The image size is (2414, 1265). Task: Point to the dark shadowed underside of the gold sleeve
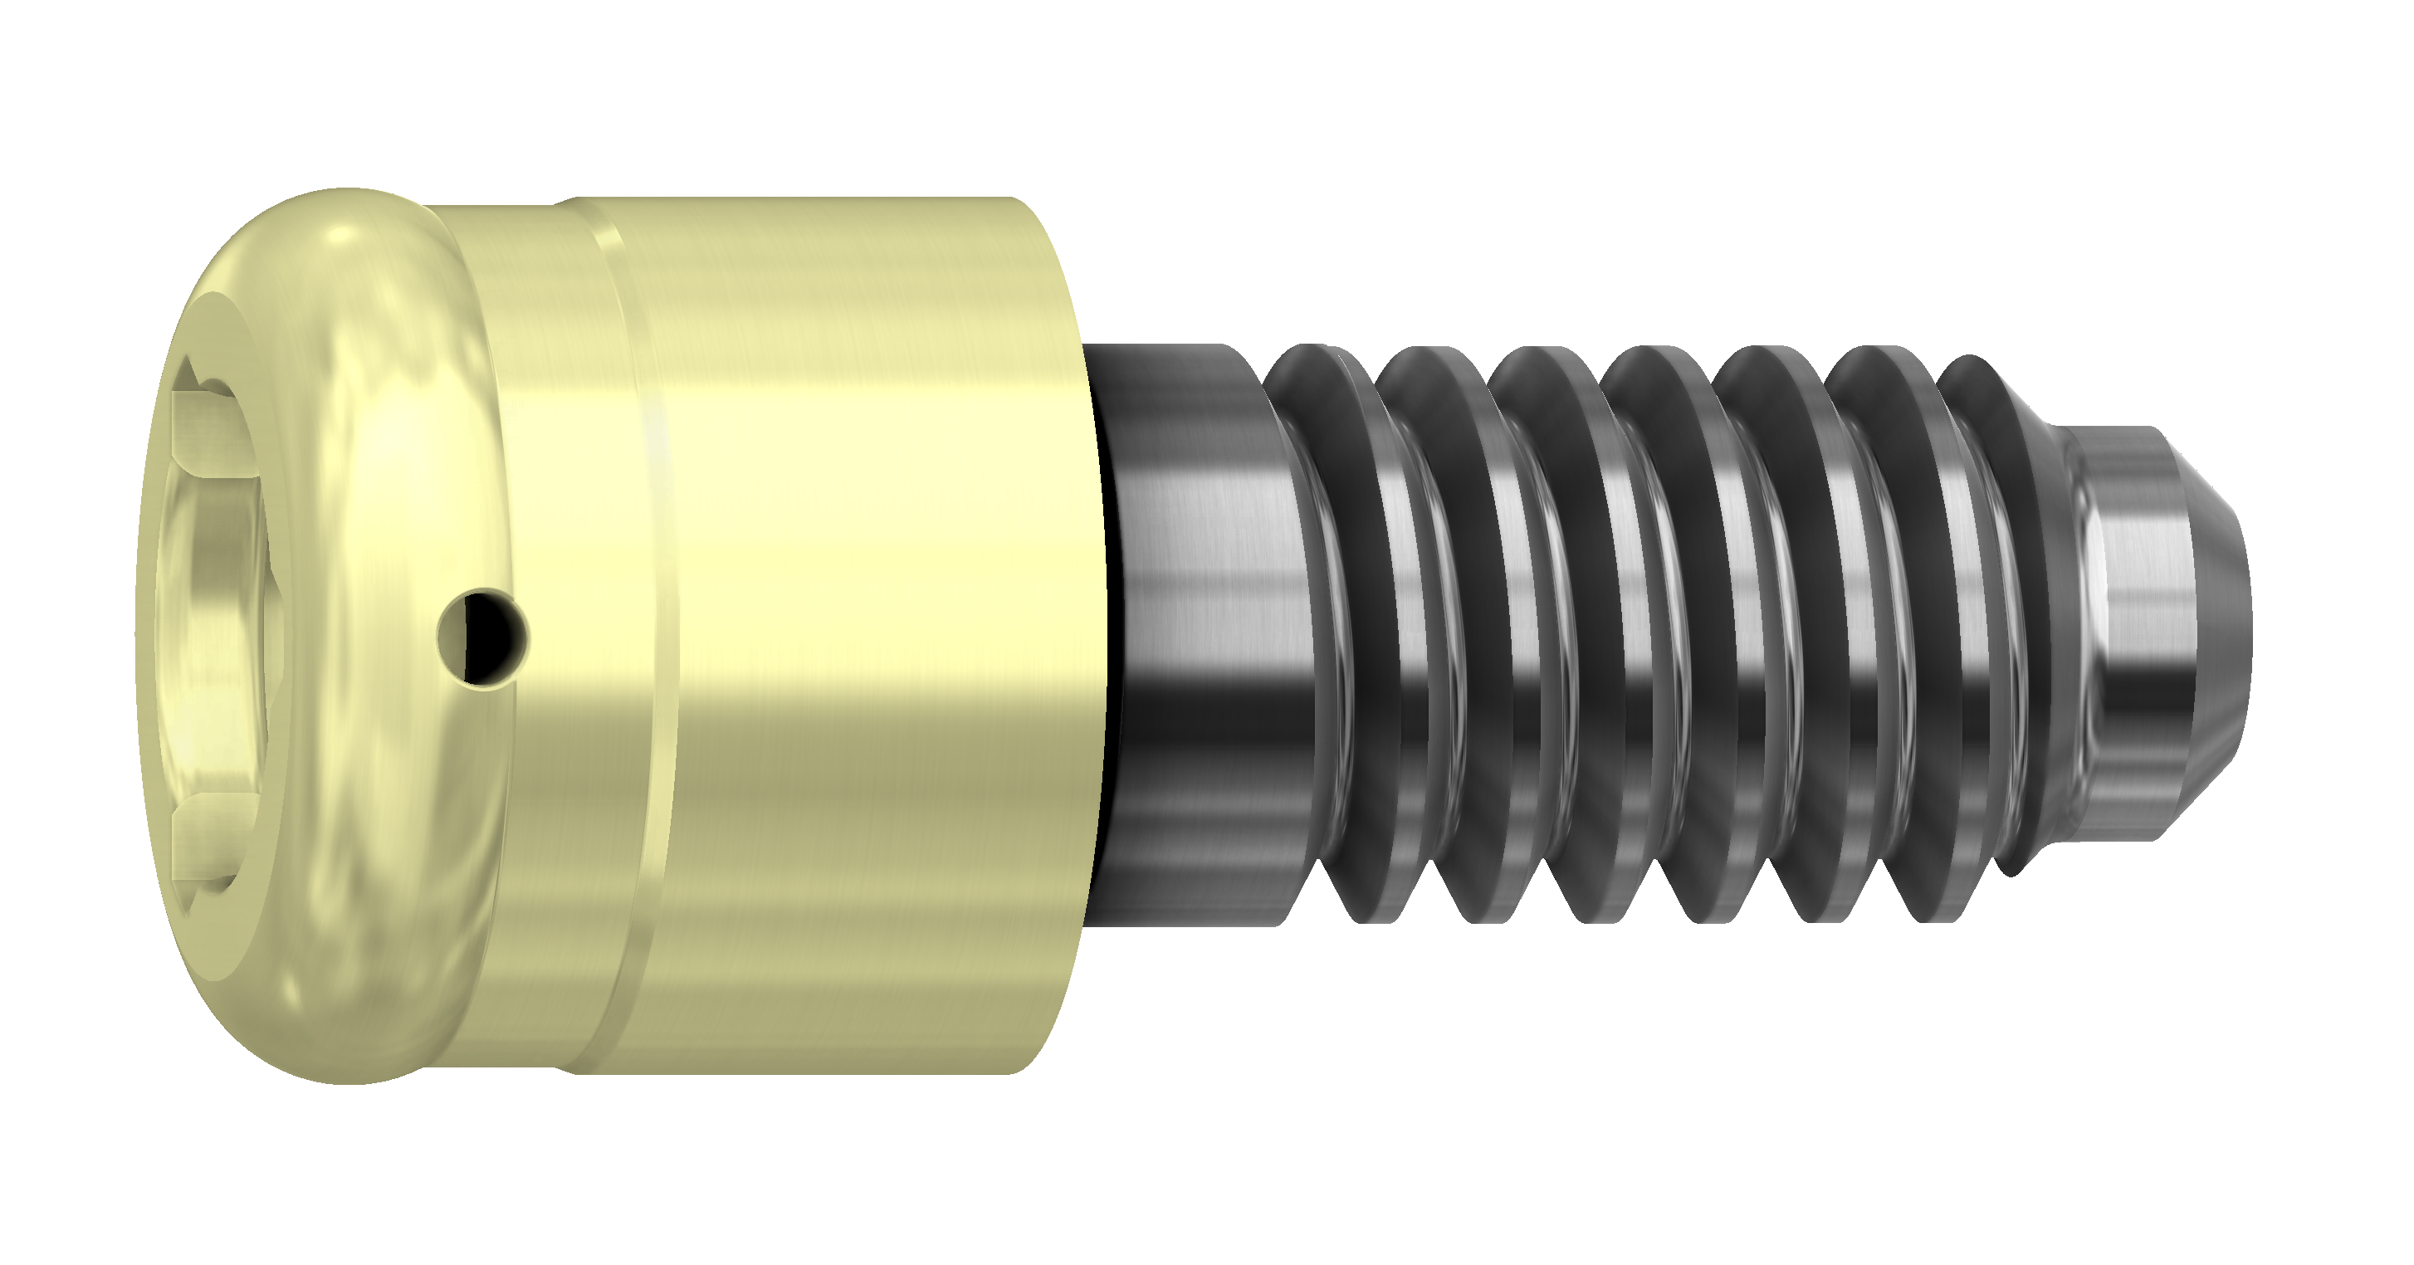(x=843, y=1012)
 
